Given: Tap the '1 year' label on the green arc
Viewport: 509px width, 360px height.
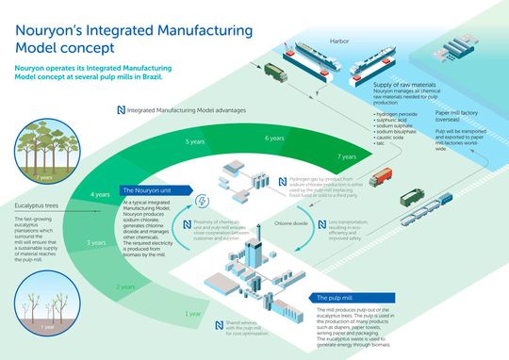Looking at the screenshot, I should (x=193, y=312).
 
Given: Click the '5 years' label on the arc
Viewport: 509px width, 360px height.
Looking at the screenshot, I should (x=195, y=142).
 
